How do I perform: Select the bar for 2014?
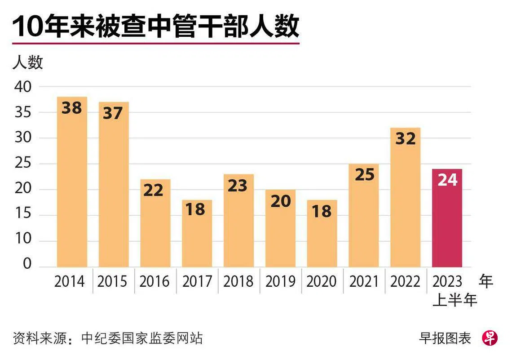pyautogui.click(x=72, y=189)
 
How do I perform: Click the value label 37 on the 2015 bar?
pyautogui.click(x=113, y=113)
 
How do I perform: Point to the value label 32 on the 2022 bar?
pyautogui.click(x=405, y=138)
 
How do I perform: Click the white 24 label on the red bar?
pyautogui.click(x=447, y=180)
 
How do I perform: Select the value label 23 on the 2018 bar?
pyautogui.click(x=238, y=185)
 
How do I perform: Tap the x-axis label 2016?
pyautogui.click(x=154, y=281)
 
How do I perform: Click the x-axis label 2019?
pyautogui.click(x=280, y=281)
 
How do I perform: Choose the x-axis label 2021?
pyautogui.click(x=364, y=281)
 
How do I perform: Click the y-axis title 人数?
pyautogui.click(x=27, y=62)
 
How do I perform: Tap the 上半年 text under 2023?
pyautogui.click(x=455, y=300)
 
